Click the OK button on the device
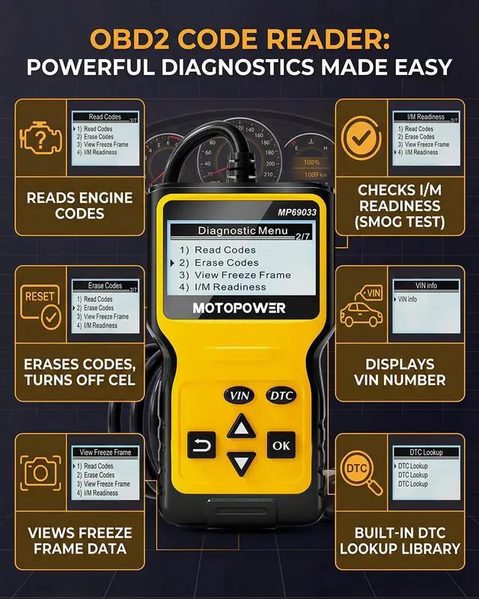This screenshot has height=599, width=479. (281, 445)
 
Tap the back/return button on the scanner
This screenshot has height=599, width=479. (201, 445)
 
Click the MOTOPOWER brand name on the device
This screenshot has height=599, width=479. (239, 308)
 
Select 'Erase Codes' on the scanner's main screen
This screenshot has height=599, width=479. (226, 263)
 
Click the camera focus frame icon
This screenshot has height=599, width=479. (40, 472)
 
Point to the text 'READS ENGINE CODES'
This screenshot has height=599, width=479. (79, 206)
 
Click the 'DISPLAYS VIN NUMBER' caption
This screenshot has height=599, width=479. (400, 372)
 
